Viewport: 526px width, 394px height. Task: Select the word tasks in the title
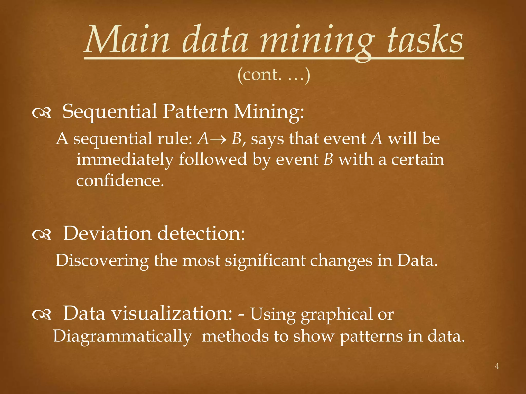click(425, 40)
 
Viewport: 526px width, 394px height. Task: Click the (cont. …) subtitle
click(274, 75)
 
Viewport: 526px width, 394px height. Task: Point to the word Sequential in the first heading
click(110, 112)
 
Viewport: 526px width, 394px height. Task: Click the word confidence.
click(120, 181)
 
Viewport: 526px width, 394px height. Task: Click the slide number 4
click(497, 366)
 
